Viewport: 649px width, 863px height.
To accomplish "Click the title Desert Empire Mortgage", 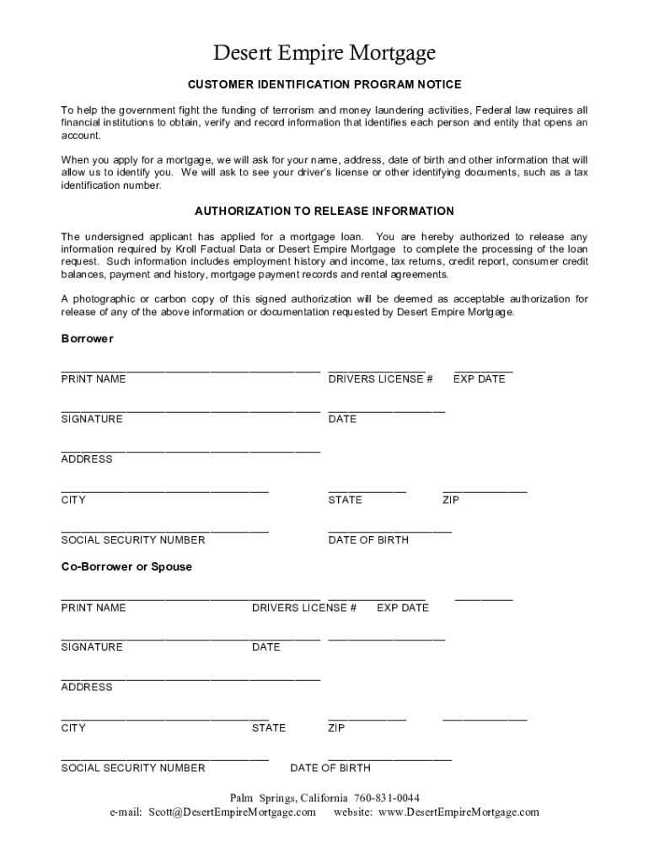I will pos(324,54).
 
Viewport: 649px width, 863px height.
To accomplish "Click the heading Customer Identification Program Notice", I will pos(324,85).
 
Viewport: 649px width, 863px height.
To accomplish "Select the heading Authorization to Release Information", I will pos(324,212).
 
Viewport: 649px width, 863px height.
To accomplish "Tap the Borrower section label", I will pos(87,339).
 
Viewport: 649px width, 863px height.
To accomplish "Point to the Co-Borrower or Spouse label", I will pos(126,567).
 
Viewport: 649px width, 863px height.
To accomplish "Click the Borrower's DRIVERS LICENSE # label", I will pos(380,379).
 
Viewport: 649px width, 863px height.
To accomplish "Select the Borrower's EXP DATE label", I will pos(479,379).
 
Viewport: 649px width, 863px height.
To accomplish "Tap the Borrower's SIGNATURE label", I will pos(92,419).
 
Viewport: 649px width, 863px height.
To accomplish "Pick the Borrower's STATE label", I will pos(345,500).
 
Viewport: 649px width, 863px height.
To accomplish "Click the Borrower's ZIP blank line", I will pos(485,491).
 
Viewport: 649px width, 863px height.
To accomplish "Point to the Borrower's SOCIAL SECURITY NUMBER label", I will pos(133,540).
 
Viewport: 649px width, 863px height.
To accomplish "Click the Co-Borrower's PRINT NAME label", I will pos(94,608).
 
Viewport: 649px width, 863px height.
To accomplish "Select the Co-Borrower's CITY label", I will pos(73,728).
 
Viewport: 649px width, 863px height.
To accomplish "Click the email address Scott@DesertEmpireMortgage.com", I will pos(232,812).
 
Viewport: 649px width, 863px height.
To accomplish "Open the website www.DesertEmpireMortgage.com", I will pos(459,812).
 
